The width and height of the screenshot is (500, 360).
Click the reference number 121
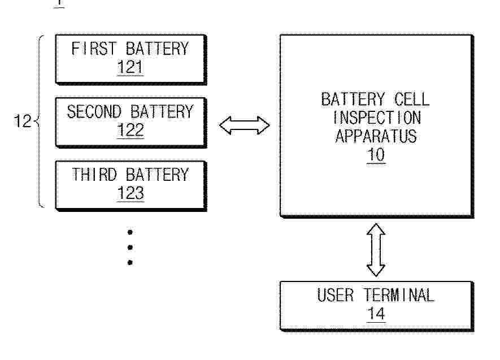tap(130, 68)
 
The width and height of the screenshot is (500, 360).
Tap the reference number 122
tap(130, 131)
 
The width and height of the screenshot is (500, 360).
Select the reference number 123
tap(130, 193)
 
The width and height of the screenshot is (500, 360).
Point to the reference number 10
tap(376, 155)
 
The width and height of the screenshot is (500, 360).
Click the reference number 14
tap(376, 314)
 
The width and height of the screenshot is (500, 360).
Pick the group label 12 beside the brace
tap(23, 122)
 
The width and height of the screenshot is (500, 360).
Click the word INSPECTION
tap(376, 118)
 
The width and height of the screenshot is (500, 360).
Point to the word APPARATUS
tap(376, 136)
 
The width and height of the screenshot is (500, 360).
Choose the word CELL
tap(409, 99)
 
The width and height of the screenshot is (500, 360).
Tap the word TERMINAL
tap(399, 295)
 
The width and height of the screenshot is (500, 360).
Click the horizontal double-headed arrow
tap(244, 125)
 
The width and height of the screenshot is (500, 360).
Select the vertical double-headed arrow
tap(376, 249)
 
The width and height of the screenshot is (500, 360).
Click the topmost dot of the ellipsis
tap(130, 232)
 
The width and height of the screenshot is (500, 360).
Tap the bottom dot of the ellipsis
tap(130, 262)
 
